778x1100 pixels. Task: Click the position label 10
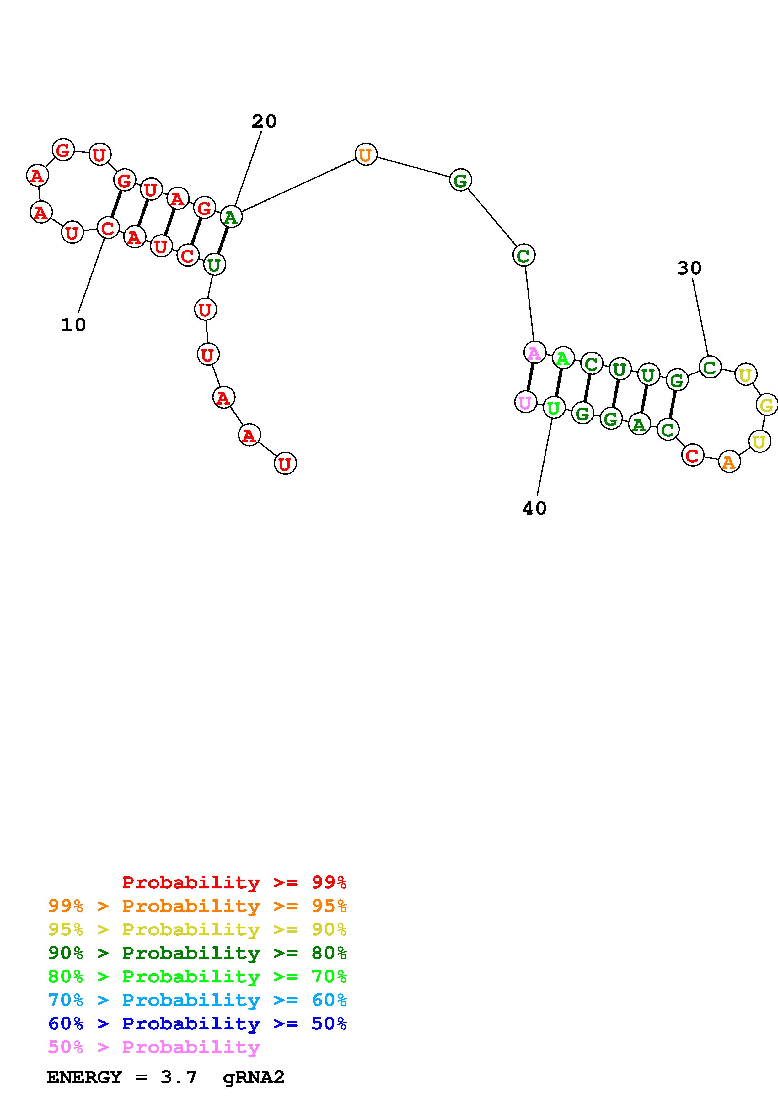pyautogui.click(x=73, y=325)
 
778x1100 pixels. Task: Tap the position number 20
pyautogui.click(x=264, y=121)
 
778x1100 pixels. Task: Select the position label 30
pyautogui.click(x=689, y=268)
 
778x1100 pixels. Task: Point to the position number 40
pyautogui.click(x=534, y=508)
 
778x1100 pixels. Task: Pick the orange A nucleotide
pyautogui.click(x=729, y=462)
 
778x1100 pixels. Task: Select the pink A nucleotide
pyautogui.click(x=534, y=353)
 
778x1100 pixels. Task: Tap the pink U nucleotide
pyautogui.click(x=525, y=402)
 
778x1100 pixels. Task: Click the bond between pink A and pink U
pyautogui.click(x=530, y=378)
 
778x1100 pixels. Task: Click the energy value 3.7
pyautogui.click(x=178, y=1077)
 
